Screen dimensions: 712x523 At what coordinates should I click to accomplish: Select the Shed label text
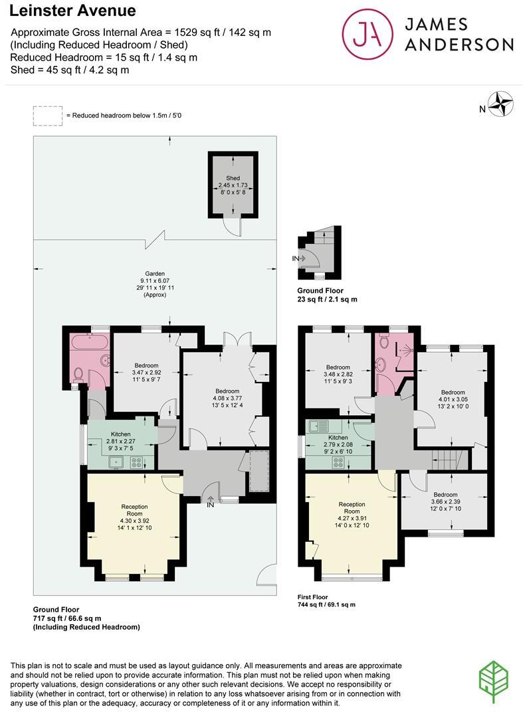pos(233,178)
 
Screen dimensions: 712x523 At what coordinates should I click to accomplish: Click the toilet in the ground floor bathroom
pos(78,375)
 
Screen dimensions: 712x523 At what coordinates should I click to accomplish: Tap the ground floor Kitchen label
pos(121,434)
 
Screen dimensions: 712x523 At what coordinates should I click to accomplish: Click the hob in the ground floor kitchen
pos(138,462)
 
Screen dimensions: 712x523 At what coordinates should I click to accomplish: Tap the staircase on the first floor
pos(445,458)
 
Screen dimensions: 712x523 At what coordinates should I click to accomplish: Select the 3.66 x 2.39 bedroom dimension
pos(445,502)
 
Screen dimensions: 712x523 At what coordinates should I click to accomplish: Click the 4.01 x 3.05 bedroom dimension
pos(452,400)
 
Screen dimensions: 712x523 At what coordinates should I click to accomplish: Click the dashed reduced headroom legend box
pos(47,116)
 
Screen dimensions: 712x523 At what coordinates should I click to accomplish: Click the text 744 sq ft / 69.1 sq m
pos(326,604)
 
